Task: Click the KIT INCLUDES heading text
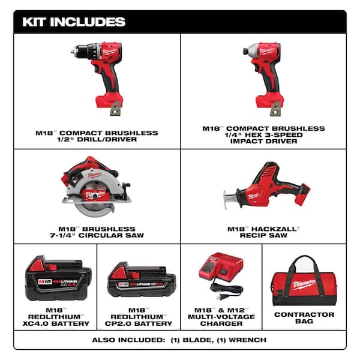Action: pos(74,22)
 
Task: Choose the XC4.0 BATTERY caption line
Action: pos(58,323)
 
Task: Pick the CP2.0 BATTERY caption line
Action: pos(141,323)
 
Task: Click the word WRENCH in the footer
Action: pos(249,340)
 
